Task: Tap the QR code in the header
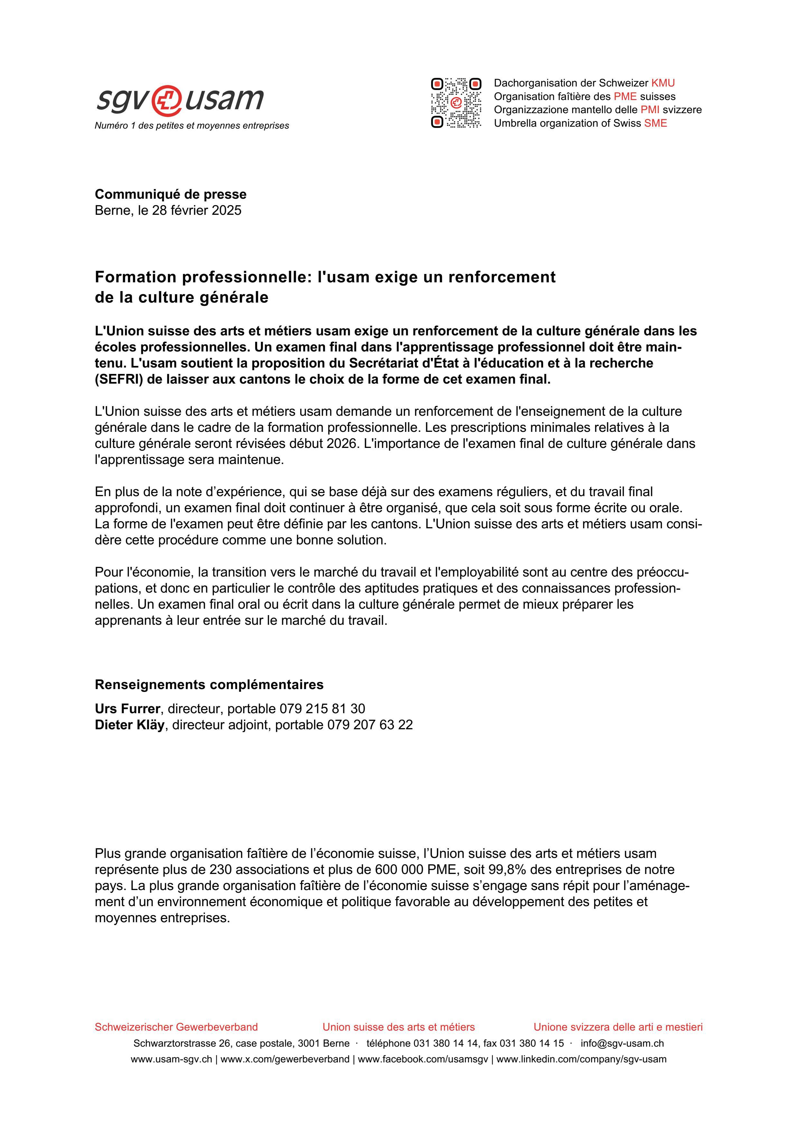[456, 103]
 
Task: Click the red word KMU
[663, 83]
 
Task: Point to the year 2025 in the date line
[227, 210]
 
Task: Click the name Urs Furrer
[127, 708]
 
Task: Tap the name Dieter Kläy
[129, 725]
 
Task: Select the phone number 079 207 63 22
[370, 725]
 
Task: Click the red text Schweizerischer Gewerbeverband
[176, 1027]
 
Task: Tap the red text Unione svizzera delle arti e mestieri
[618, 1027]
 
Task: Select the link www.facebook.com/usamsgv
[423, 1059]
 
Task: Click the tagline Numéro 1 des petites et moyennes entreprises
[192, 126]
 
